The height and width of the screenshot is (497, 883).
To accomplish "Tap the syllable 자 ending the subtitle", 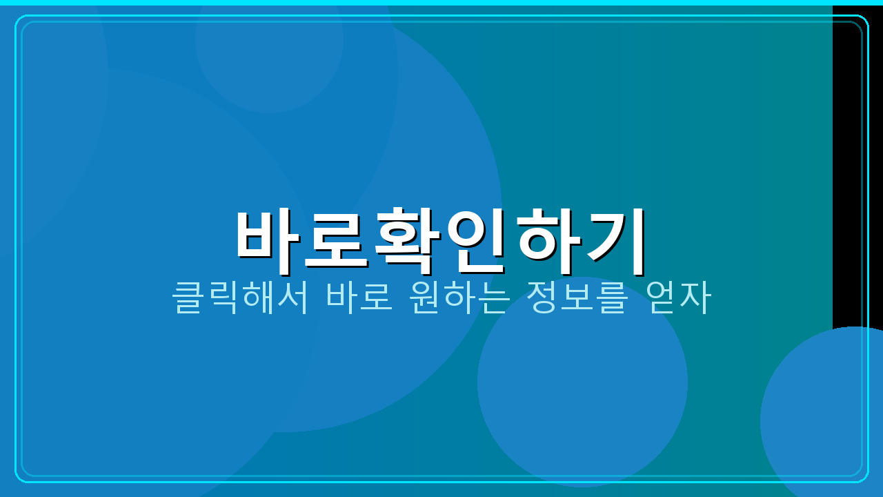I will (695, 298).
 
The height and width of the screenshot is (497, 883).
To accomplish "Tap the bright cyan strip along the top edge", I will (441, 2).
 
